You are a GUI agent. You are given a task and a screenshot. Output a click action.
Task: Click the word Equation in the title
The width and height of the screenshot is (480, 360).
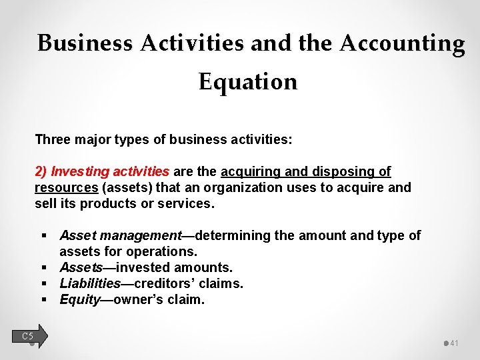point(248,82)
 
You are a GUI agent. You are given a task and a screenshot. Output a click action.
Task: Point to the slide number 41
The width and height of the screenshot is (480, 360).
point(454,343)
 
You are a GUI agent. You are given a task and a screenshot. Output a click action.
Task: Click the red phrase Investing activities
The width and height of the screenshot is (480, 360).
point(110,172)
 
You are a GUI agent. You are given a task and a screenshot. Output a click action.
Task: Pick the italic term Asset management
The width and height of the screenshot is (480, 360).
point(120,235)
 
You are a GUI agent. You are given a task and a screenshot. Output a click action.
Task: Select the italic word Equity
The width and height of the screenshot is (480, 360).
point(79,299)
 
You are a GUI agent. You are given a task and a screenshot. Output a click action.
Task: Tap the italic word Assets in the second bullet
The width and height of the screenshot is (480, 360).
point(81,267)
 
